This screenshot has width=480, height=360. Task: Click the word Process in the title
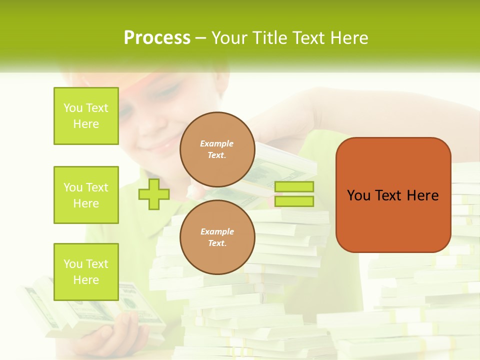pyautogui.click(x=157, y=38)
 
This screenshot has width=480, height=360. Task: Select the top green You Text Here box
pyautogui.click(x=86, y=116)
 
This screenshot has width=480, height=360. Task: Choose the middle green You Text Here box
pyautogui.click(x=86, y=195)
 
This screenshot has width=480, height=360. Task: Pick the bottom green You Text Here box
pyautogui.click(x=86, y=272)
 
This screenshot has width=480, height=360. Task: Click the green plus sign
pyautogui.click(x=154, y=194)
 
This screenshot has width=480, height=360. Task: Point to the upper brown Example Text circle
pyautogui.click(x=217, y=149)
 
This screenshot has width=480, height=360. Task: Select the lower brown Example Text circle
pyautogui.click(x=217, y=237)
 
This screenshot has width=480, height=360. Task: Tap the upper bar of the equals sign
pyautogui.click(x=294, y=187)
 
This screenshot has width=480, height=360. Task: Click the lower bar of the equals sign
pyautogui.click(x=294, y=201)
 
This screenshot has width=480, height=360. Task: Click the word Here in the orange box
pyautogui.click(x=422, y=195)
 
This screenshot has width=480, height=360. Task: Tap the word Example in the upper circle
pyautogui.click(x=217, y=143)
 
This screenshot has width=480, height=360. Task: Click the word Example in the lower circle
pyautogui.click(x=217, y=231)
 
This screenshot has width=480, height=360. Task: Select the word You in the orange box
pyautogui.click(x=358, y=195)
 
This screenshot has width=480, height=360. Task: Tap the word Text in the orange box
pyautogui.click(x=388, y=195)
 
